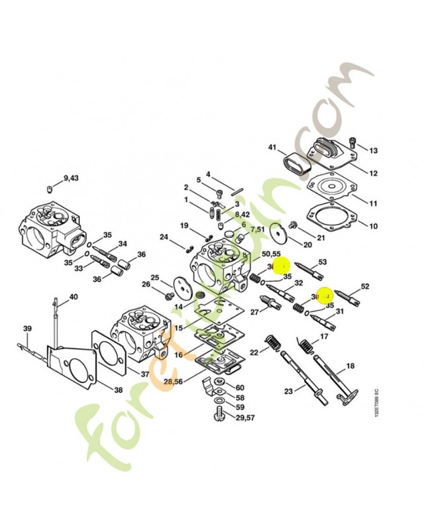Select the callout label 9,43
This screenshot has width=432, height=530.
70,178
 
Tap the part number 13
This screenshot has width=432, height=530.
373,150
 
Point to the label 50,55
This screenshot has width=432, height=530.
271,254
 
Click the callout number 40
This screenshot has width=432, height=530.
73,296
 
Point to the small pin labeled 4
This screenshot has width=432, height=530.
237,192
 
